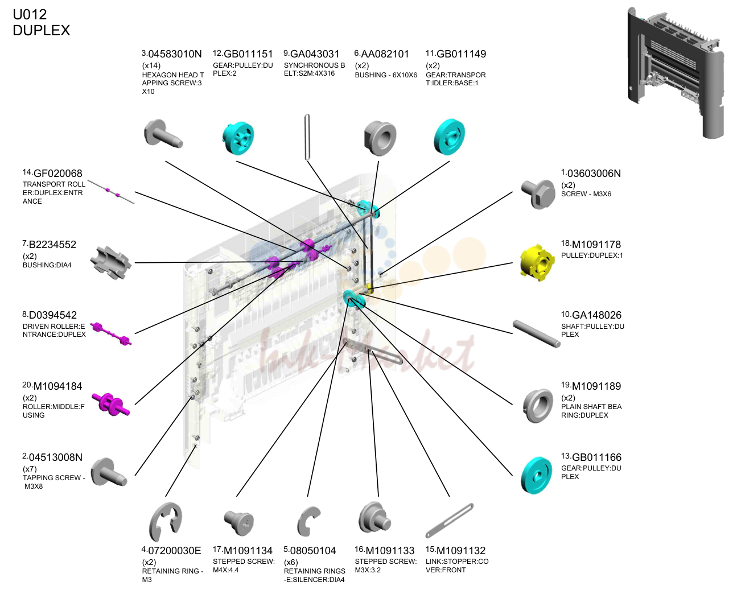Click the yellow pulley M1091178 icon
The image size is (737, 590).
(537, 263)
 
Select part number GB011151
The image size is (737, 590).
(248, 54)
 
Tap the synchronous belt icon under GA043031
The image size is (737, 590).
(307, 137)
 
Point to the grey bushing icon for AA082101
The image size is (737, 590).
(380, 138)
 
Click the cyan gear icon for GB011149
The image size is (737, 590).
(449, 137)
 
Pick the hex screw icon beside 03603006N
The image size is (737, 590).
(538, 193)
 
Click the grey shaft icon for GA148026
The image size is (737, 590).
(536, 333)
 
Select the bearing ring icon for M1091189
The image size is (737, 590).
(538, 406)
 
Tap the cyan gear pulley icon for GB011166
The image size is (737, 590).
(536, 475)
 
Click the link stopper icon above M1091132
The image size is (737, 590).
(450, 520)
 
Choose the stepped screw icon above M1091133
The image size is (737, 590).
(374, 517)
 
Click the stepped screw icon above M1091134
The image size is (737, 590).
(239, 522)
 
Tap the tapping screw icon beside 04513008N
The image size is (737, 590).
(108, 472)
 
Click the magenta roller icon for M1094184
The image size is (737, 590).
(110, 404)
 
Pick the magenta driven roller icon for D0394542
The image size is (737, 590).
(110, 333)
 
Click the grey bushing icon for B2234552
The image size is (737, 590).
(110, 262)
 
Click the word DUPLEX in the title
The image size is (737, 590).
(41, 31)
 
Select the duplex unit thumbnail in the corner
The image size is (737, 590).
(676, 73)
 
